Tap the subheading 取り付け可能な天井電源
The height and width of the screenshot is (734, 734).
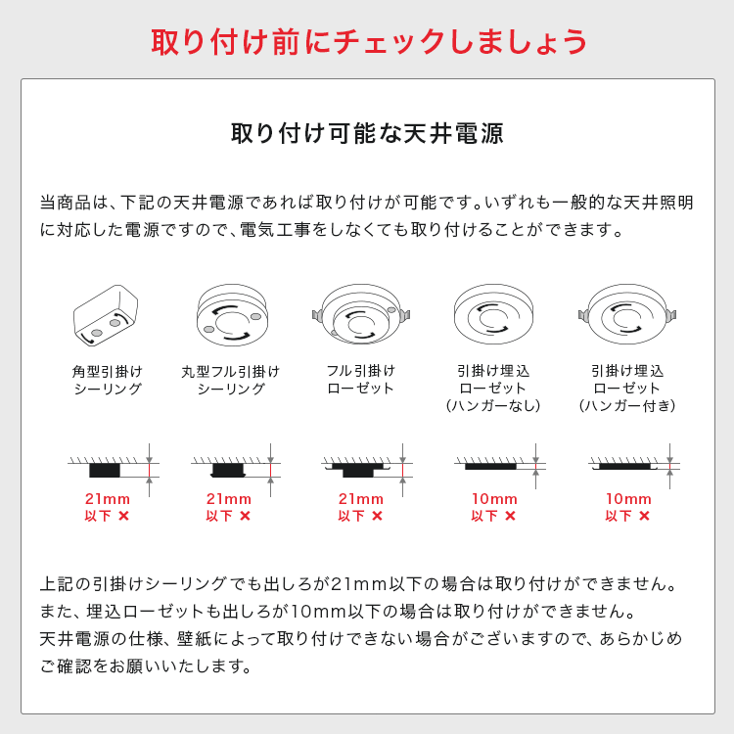click(x=367, y=133)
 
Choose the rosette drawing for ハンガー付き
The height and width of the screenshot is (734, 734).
click(x=626, y=313)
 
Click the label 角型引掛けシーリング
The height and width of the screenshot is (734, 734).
click(x=108, y=380)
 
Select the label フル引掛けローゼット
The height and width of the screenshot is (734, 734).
click(x=360, y=379)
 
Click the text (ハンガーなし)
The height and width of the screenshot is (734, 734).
click(x=493, y=405)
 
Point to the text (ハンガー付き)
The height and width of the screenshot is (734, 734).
click(x=627, y=405)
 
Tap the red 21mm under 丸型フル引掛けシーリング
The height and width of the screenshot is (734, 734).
click(x=229, y=499)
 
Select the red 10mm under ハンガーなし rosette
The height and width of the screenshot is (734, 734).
click(x=494, y=499)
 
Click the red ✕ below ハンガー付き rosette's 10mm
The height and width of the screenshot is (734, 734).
click(x=645, y=516)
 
